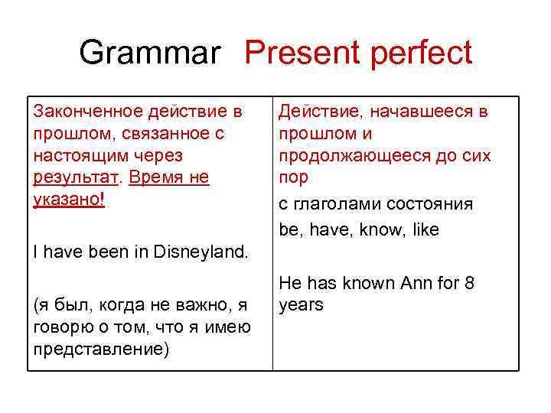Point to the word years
(301, 305)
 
